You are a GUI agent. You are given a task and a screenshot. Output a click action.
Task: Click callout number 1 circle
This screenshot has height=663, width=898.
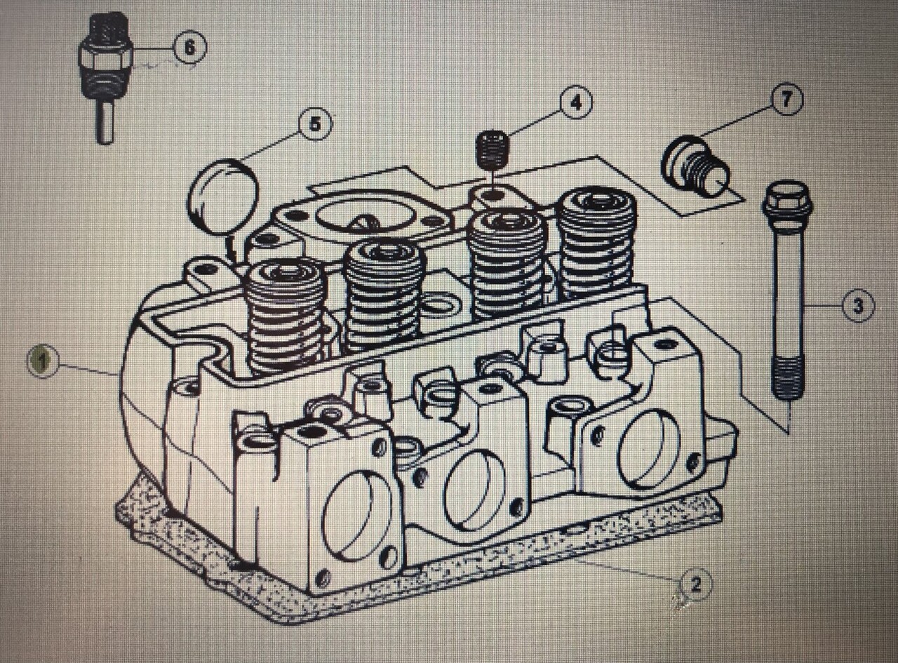(x=43, y=362)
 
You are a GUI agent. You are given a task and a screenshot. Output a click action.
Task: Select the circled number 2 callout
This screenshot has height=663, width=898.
(x=695, y=584)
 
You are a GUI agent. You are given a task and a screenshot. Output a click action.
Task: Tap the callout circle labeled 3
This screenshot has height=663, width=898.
(x=858, y=306)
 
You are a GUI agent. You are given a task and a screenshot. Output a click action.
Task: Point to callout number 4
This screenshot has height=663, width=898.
(x=575, y=103)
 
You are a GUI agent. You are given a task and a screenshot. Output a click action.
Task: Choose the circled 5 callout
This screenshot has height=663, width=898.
(x=315, y=124)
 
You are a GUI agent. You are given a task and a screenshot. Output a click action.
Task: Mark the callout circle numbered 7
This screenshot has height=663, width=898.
(x=786, y=100)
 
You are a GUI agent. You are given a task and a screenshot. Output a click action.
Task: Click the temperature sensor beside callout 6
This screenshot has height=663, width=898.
(x=105, y=70)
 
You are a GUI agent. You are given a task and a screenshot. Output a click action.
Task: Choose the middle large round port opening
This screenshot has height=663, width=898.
(x=474, y=490)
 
